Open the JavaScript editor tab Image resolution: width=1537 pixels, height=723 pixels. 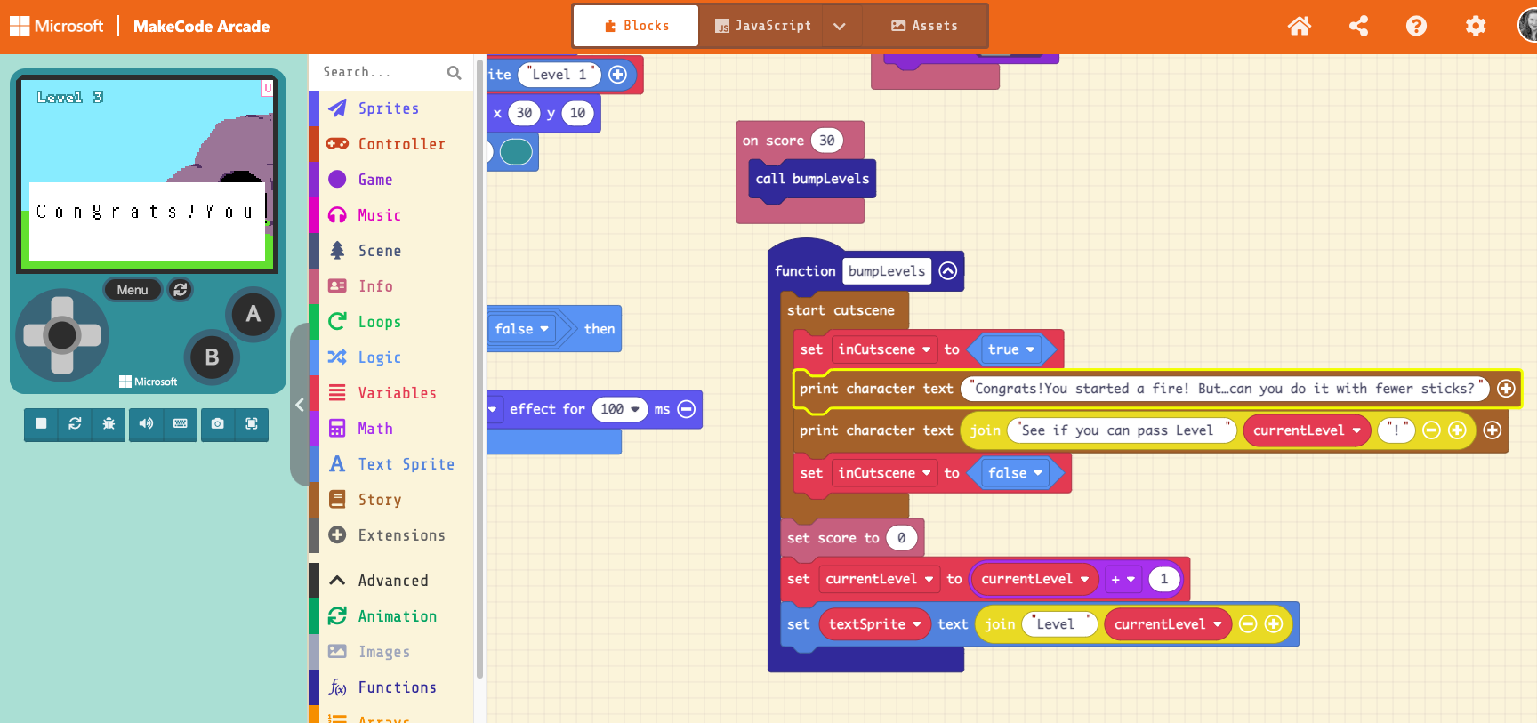tap(763, 26)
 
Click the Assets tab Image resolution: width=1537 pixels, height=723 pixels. tap(925, 26)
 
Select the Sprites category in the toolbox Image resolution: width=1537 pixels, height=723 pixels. tap(388, 108)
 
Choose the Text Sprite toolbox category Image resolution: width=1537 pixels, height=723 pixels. tap(406, 464)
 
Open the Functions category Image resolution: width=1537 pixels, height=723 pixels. tap(397, 687)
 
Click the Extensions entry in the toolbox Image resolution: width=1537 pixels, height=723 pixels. tap(401, 535)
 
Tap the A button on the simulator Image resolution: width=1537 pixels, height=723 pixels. tap(253, 314)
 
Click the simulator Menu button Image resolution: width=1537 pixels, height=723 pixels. tap(133, 290)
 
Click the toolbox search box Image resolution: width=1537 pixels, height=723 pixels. tap(382, 72)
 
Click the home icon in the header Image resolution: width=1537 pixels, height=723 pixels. tap(1300, 26)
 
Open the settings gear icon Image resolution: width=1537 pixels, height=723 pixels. tap(1476, 26)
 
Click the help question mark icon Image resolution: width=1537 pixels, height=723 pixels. tap(1416, 26)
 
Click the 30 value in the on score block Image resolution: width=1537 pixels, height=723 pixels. tap(826, 141)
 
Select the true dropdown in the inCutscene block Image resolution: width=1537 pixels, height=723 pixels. tap(1011, 349)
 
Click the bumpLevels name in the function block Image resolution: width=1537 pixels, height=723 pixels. tap(886, 271)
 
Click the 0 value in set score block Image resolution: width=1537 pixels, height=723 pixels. tap(901, 538)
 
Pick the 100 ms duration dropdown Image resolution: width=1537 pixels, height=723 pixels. tap(619, 409)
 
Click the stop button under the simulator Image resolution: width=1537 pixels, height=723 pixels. tap(41, 424)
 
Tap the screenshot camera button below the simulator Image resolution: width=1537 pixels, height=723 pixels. tap(217, 424)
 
